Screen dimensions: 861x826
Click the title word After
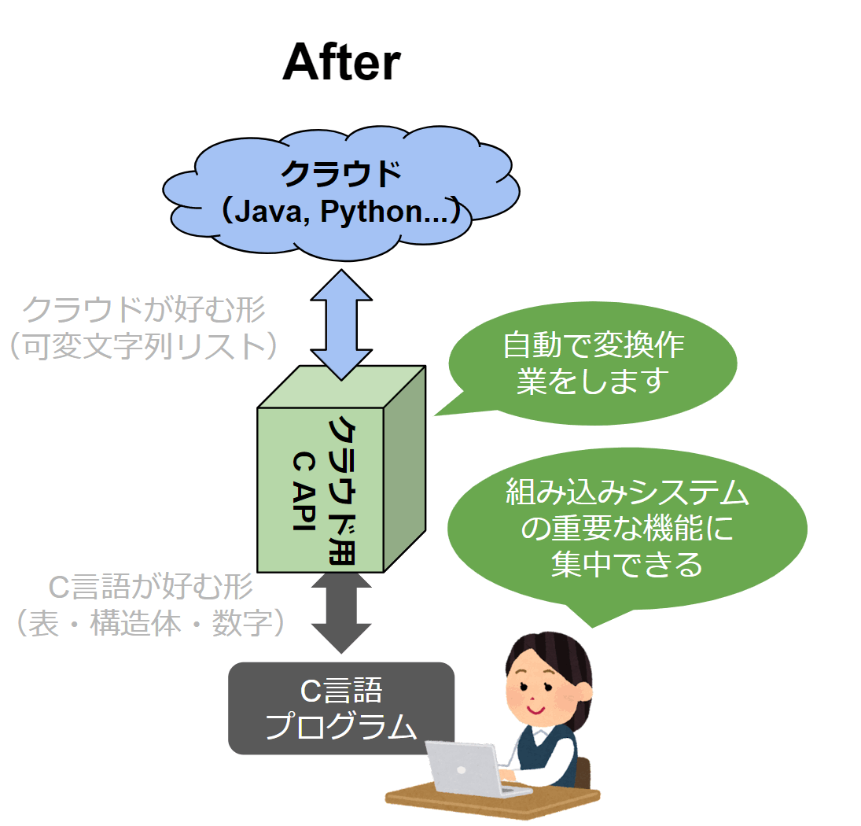click(x=341, y=62)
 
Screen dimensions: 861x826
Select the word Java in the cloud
click(x=268, y=212)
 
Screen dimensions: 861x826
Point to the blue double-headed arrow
click(x=341, y=325)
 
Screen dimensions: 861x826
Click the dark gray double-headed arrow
click(x=341, y=612)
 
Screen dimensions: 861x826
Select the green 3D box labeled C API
click(x=341, y=469)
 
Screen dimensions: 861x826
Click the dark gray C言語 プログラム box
click(x=341, y=708)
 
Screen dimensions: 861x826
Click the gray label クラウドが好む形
click(x=144, y=308)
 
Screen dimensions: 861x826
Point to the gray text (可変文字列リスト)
click(x=144, y=346)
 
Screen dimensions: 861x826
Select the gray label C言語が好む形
click(x=150, y=587)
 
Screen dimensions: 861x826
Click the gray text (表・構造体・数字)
click(x=150, y=623)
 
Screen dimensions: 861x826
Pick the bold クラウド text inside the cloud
click(x=341, y=174)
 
